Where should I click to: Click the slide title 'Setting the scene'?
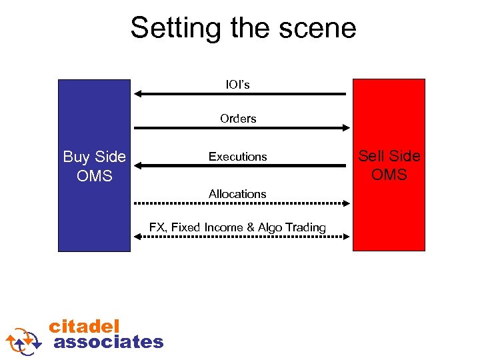coord(243,28)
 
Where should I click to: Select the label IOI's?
coord(237,85)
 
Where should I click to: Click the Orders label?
coord(238,119)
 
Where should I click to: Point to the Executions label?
coord(237,157)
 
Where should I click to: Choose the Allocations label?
coord(237,194)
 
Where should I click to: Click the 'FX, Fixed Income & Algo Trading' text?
coord(237,227)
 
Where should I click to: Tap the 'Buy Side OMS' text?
coord(94,166)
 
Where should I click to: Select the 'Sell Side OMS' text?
coord(389,165)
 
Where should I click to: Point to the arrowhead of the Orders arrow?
coord(346,127)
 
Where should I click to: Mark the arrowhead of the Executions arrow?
coord(139,165)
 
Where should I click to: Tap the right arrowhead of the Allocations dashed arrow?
coord(347,203)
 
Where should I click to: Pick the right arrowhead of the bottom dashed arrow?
coord(347,237)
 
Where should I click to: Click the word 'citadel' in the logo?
coord(84,326)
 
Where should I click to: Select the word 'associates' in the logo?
coord(108,342)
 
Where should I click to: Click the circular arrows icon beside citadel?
coord(24,340)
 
